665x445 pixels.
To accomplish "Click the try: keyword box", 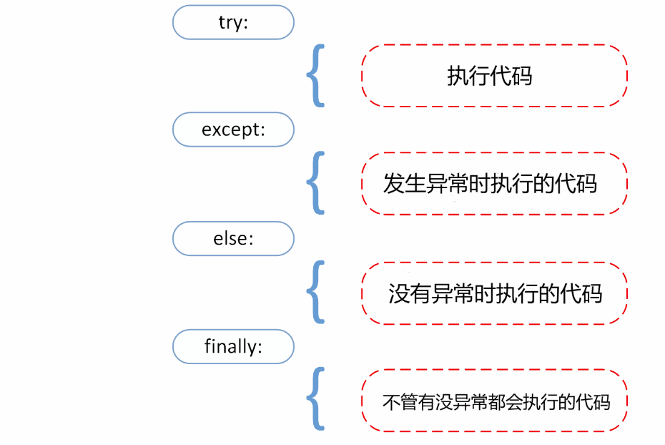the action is pyautogui.click(x=233, y=22).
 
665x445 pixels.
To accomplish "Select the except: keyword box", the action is pyautogui.click(x=233, y=129).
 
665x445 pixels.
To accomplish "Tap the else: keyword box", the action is pyautogui.click(x=233, y=238).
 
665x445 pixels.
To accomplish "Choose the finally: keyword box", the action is pyautogui.click(x=233, y=346).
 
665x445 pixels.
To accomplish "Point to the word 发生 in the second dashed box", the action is pyautogui.click(x=404, y=184).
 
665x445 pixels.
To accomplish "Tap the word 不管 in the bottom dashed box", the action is pyautogui.click(x=400, y=402).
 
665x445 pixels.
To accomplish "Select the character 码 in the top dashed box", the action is pyautogui.click(x=522, y=76).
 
